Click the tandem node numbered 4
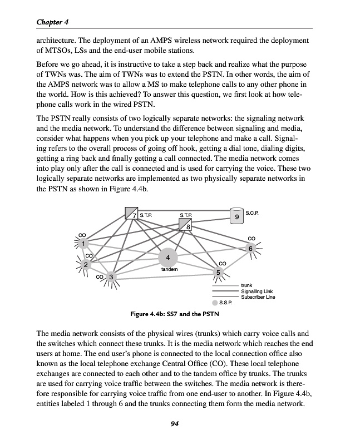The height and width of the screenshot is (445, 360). [x=168, y=257]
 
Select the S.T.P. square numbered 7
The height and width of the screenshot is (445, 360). [x=131, y=213]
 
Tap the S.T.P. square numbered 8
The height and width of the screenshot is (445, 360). [x=186, y=224]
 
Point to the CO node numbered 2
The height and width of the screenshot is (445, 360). [x=86, y=264]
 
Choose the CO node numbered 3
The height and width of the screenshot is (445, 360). [x=111, y=276]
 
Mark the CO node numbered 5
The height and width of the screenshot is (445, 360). [x=219, y=272]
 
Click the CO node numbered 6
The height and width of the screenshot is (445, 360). [x=251, y=249]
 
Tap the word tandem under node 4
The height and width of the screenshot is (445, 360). [x=169, y=269]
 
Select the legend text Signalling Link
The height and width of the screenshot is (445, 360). [x=257, y=291]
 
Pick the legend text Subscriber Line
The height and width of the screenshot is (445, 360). [x=258, y=297]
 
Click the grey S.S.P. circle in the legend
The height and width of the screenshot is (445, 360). [x=215, y=303]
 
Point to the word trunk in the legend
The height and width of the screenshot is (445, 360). [x=246, y=286]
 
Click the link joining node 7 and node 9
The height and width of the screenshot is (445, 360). [x=184, y=210]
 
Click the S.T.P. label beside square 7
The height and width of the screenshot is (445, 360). [x=146, y=214]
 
